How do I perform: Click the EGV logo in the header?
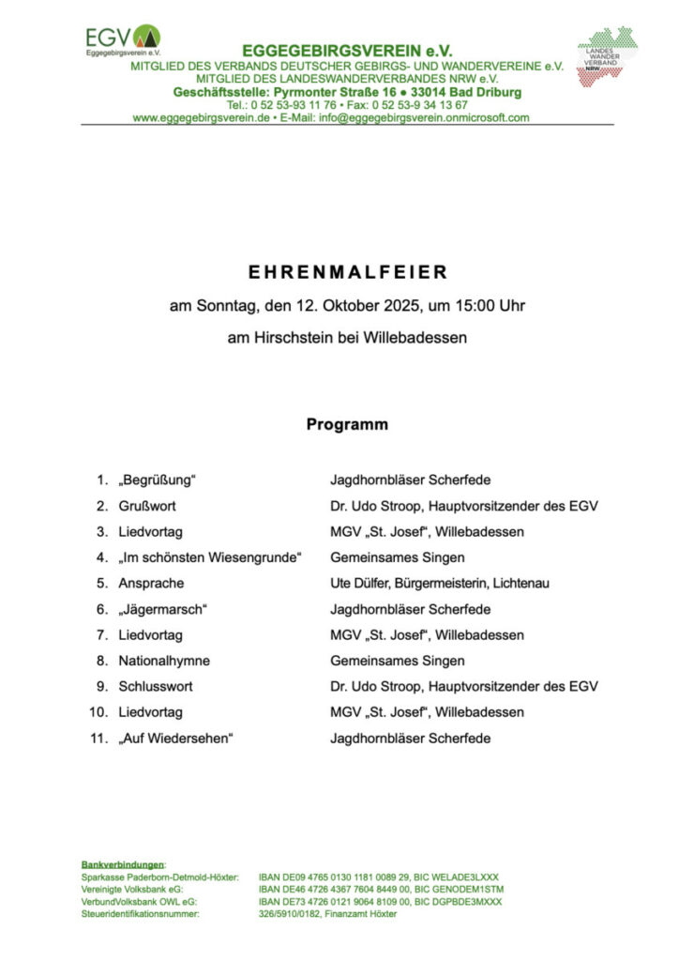coord(122,41)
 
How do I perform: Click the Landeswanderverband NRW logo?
coord(607,55)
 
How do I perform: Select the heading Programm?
coord(347,424)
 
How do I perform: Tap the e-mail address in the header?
coord(424,118)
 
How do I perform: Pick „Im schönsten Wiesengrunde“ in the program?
coord(210,557)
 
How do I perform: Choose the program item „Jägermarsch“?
coord(162,609)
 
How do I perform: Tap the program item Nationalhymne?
coord(164,661)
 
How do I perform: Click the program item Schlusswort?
coord(155,686)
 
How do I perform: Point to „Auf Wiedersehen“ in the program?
coord(175,739)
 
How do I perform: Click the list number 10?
coord(98,712)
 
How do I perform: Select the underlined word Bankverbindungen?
coord(123,863)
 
